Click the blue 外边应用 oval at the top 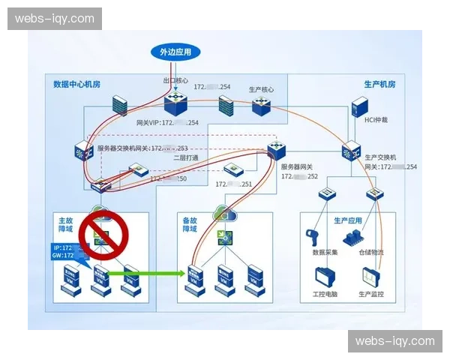tap(175, 52)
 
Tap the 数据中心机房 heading tap(76, 83)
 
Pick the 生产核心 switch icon tap(262, 106)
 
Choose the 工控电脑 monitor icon tap(325, 275)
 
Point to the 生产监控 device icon tap(371, 275)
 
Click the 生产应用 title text tap(348, 221)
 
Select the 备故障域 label tap(190, 225)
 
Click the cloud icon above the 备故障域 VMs tap(223, 214)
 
